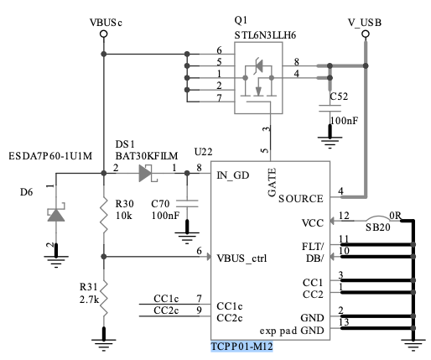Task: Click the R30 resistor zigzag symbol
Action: [x=103, y=216]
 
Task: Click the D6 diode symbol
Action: [x=55, y=215]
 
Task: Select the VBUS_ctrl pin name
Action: [x=241, y=258]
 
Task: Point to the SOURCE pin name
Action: [x=299, y=199]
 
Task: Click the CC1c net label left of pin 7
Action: [x=165, y=298]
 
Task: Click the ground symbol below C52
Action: [x=328, y=137]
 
